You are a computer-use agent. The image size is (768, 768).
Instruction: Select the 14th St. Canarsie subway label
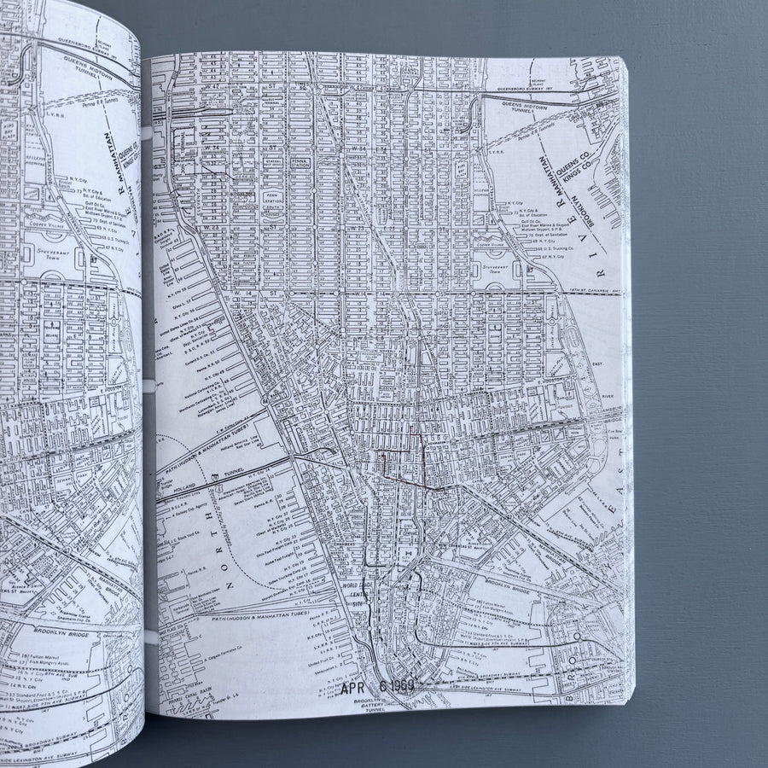594,291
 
